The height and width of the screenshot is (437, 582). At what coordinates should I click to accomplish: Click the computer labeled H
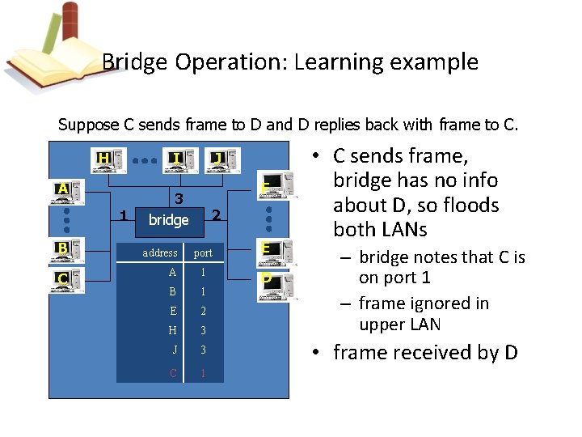point(108,160)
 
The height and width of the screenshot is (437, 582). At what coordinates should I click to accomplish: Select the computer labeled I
point(180,160)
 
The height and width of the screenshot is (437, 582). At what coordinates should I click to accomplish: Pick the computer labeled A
point(70,192)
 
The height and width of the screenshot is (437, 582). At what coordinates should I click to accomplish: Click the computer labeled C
point(70,280)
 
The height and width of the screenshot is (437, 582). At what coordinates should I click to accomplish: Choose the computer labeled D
point(271,280)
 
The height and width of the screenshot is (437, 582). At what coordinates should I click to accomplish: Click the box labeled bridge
point(168,220)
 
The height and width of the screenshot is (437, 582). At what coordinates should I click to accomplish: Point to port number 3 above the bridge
point(180,198)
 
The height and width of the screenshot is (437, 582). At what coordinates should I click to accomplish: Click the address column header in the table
point(160,252)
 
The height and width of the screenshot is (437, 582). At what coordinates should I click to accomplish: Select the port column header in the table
point(203,252)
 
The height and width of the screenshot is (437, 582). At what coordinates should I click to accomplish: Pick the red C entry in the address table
point(173,373)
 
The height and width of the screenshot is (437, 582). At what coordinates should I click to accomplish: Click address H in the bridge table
point(172,330)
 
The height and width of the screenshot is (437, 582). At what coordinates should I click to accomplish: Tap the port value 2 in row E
point(203,311)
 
